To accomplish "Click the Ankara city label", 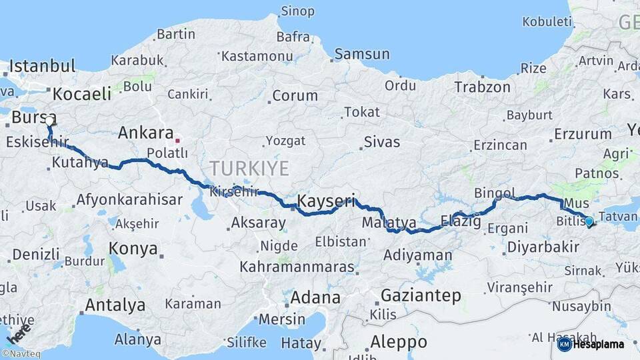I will pyautogui.click(x=145, y=133).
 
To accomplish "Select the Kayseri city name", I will pyautogui.click(x=326, y=200).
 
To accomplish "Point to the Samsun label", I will pyautogui.click(x=362, y=54).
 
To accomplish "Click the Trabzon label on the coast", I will pyautogui.click(x=482, y=87).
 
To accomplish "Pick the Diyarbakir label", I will pyautogui.click(x=543, y=247).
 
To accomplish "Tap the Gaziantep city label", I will pyautogui.click(x=421, y=295).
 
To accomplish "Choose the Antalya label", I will pyautogui.click(x=115, y=305).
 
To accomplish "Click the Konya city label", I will pyautogui.click(x=133, y=249).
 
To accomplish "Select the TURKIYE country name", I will pyautogui.click(x=249, y=167).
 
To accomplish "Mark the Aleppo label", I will pyautogui.click(x=399, y=341).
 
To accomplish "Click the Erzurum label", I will pyautogui.click(x=584, y=133).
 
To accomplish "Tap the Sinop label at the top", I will pyautogui.click(x=297, y=11).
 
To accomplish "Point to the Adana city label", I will pyautogui.click(x=315, y=297).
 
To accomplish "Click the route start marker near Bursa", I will pyautogui.click(x=49, y=121).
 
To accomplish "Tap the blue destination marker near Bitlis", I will pyautogui.click(x=589, y=221).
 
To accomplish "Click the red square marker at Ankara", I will pyautogui.click(x=178, y=141).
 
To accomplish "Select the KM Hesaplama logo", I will pyautogui.click(x=591, y=344).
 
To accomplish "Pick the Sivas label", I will pyautogui.click(x=382, y=142).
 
